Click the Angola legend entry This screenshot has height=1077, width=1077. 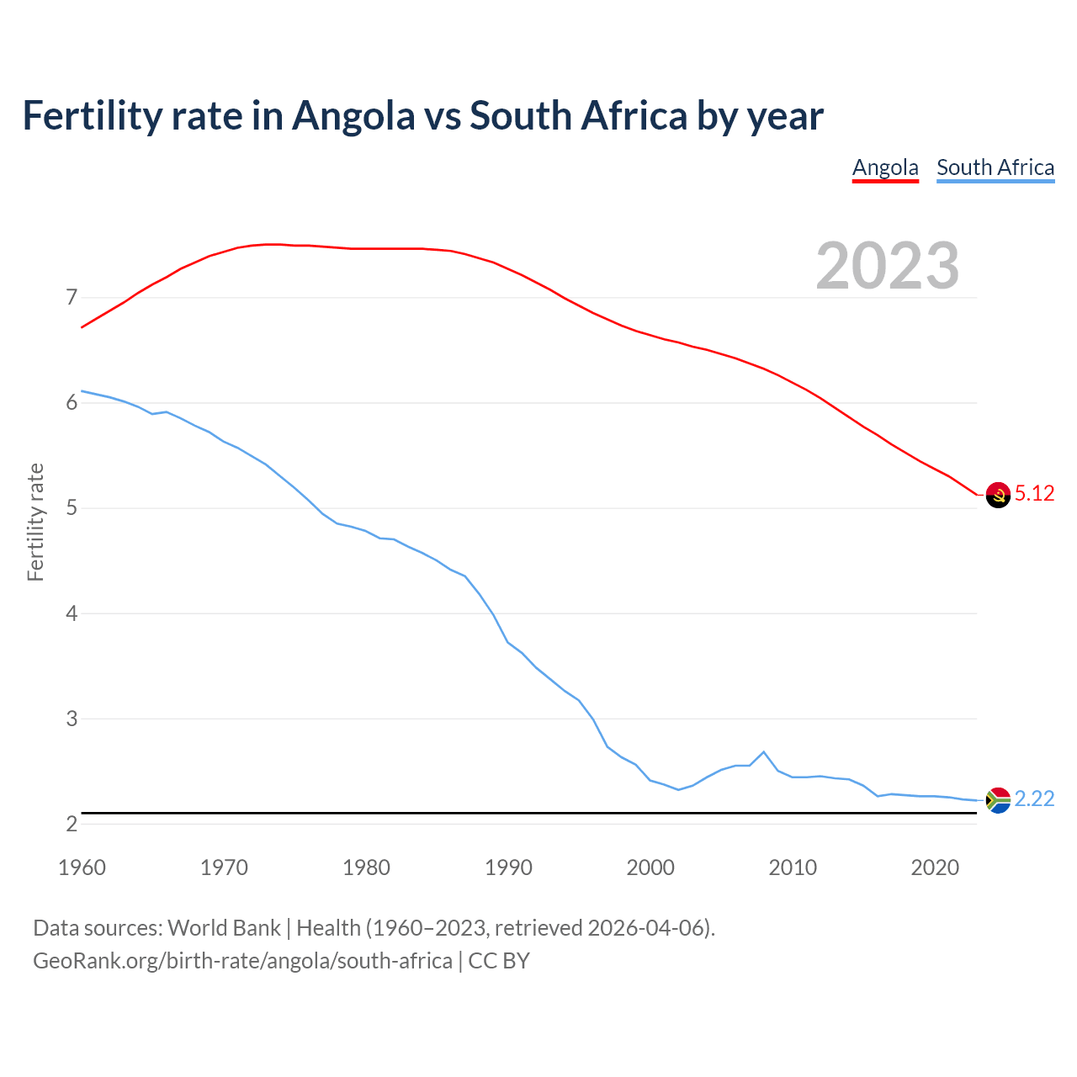[885, 167]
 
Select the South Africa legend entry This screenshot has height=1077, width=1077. [995, 167]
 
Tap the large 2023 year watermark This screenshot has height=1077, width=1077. [887, 266]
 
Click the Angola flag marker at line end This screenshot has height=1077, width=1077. [998, 495]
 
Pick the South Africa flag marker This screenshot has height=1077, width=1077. [998, 800]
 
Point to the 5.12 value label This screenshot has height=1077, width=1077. [1034, 494]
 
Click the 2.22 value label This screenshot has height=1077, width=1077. [1034, 799]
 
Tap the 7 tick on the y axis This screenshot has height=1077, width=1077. [72, 298]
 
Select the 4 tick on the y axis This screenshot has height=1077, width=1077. [72, 613]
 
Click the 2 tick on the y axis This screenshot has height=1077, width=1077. [72, 824]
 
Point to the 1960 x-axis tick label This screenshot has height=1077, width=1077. [82, 867]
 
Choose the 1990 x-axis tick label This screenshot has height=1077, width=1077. [508, 867]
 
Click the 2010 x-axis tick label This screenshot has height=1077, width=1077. [793, 867]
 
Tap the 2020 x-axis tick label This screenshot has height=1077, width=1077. [935, 867]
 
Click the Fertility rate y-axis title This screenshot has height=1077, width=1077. [35, 522]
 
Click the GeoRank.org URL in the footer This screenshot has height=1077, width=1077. [242, 961]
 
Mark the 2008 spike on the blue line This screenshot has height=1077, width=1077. [763, 751]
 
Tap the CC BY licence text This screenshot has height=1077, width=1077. [499, 961]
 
